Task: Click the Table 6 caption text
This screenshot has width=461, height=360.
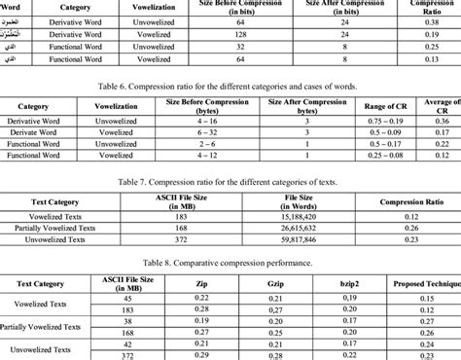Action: click(230, 85)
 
